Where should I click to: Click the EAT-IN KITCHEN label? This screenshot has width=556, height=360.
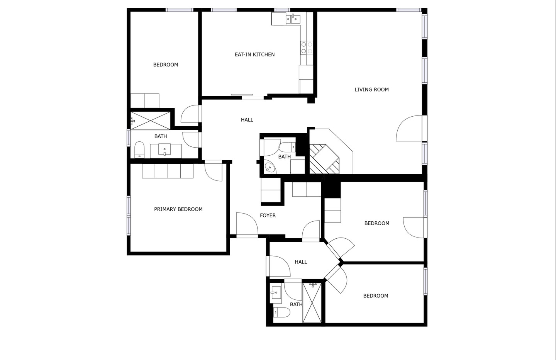(255, 54)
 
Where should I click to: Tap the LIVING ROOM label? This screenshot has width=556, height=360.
(371, 90)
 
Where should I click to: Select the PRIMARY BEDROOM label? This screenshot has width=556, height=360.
(178, 209)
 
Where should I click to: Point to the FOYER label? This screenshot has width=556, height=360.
(268, 216)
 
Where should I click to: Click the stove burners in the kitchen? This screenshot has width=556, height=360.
(307, 48)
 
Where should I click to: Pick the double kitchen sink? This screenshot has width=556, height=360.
(293, 19)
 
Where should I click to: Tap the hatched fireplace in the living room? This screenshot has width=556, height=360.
(324, 159)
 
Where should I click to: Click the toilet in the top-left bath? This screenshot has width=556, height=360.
(139, 150)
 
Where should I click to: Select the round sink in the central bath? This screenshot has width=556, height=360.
(270, 168)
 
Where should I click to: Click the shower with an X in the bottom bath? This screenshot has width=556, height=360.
(312, 303)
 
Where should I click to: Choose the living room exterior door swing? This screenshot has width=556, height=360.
(409, 128)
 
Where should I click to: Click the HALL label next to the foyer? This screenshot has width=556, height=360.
(301, 262)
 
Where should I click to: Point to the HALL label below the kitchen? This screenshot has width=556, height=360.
(247, 120)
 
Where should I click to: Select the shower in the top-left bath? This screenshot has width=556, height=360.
(150, 121)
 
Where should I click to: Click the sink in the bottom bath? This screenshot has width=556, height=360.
(275, 292)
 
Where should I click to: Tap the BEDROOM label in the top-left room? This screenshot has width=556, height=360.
(166, 65)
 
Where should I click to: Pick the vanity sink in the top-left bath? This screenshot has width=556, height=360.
(164, 149)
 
